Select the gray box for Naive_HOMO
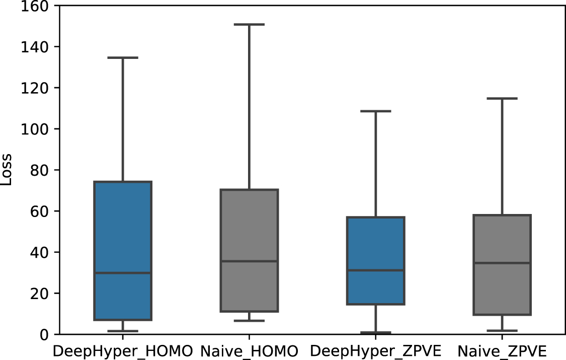(x=250, y=227)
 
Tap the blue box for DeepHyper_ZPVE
(x=376, y=242)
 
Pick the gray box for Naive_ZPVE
(x=502, y=242)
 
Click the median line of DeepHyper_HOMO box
(x=123, y=273)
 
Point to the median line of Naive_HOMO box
(x=250, y=261)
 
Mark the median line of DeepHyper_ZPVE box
(x=376, y=270)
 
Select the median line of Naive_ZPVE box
(x=502, y=263)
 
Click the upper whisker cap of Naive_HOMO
(x=250, y=24)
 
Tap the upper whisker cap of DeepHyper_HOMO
(x=123, y=57)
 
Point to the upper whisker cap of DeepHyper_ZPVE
(x=376, y=111)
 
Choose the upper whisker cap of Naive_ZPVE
(x=502, y=98)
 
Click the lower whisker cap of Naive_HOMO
(x=250, y=321)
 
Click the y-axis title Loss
(x=7, y=170)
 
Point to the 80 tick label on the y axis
(x=38, y=170)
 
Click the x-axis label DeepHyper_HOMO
(x=123, y=350)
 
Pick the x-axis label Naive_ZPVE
(x=502, y=350)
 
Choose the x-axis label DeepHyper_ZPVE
(x=376, y=350)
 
